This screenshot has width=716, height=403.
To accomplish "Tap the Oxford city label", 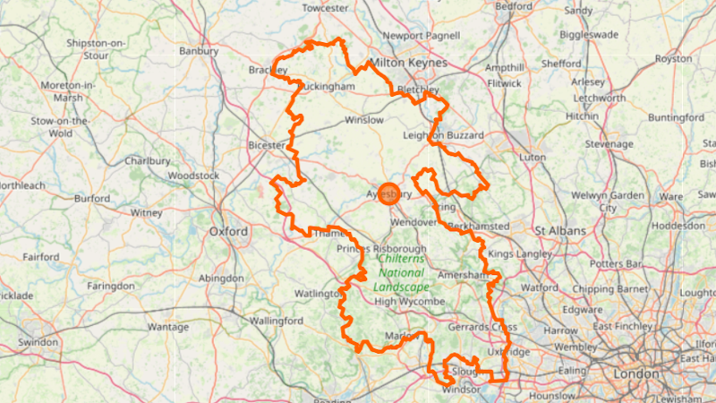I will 228,231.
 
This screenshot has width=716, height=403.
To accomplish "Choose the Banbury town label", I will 199,51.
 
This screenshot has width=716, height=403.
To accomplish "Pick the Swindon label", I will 38,342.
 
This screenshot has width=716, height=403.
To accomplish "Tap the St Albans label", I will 559,231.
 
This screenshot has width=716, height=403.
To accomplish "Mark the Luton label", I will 533,157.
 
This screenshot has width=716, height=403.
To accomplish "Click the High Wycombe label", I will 410,302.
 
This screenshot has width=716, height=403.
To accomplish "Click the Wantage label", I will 168,327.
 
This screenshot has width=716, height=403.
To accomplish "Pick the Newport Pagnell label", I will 422,36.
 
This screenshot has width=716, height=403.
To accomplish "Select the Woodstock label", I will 193,176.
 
